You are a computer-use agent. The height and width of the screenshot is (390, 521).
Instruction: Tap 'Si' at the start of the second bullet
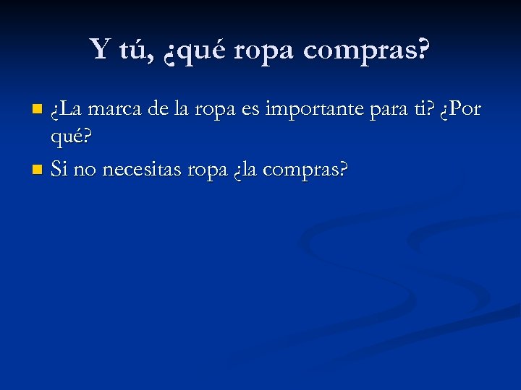[59, 170]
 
